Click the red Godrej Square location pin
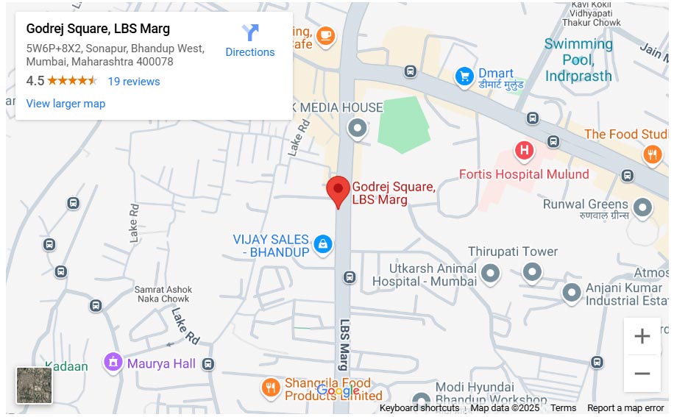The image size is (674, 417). pos(338,190)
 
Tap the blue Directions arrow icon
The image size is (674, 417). pos(250,33)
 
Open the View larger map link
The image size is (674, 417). pos(65,104)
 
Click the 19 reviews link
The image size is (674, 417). pos(133,82)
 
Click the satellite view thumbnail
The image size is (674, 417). pos(35,385)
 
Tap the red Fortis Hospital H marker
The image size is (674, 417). pos(524,151)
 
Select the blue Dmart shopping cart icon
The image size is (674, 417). pos(464,75)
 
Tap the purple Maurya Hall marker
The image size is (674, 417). pos(113,362)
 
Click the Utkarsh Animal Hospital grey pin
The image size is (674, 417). pos(489,275)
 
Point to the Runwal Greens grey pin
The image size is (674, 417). pos(642,207)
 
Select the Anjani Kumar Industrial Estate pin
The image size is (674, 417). pos(572,293)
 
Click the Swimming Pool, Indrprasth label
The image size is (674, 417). pos(578,60)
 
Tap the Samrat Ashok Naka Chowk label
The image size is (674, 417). pos(162,294)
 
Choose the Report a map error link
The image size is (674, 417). pos(625,408)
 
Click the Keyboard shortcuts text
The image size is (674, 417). pos(419,408)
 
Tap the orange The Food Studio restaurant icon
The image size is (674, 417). pos(652,154)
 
